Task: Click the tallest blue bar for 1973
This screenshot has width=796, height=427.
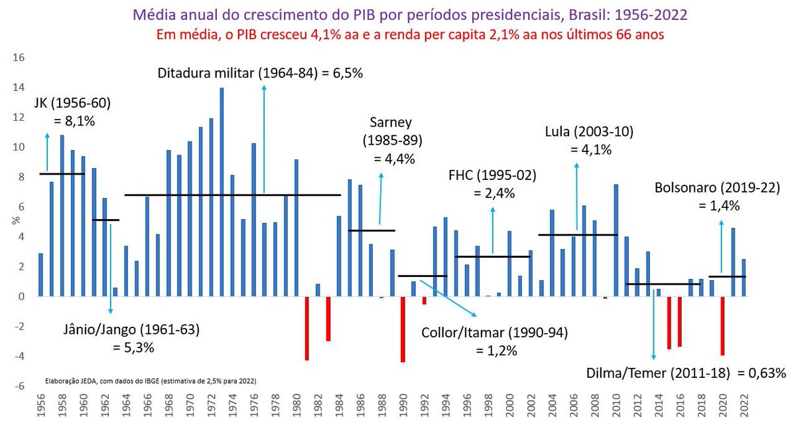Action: pos(222,192)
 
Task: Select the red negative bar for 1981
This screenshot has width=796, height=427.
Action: pos(307,328)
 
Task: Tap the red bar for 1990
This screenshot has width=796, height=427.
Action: pos(403,329)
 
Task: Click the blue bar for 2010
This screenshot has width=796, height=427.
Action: pos(616,240)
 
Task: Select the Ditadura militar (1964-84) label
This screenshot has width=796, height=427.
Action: pos(260,74)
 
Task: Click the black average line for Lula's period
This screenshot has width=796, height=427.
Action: pos(578,235)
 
